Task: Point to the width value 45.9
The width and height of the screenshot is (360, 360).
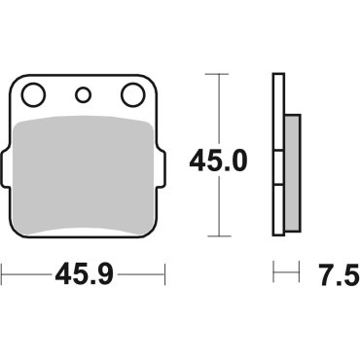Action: coord(84,276)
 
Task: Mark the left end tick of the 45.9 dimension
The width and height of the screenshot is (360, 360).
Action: coord(3,276)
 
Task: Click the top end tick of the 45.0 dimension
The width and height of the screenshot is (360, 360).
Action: coord(223,73)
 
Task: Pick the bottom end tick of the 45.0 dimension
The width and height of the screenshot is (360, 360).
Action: coord(223,237)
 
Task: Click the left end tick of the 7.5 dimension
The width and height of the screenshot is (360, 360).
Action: coord(274,276)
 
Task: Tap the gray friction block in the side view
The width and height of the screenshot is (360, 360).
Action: coord(292,156)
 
